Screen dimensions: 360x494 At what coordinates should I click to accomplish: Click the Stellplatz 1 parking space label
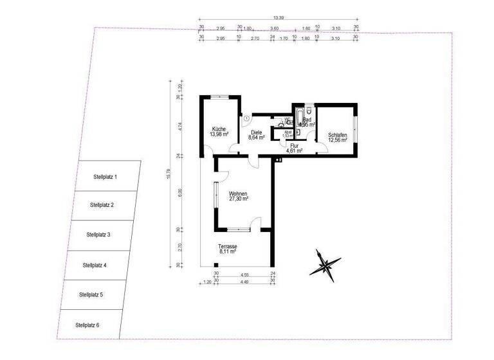(105, 175)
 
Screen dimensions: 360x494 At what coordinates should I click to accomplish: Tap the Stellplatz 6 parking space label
(87, 325)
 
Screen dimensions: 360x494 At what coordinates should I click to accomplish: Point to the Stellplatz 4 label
(95, 265)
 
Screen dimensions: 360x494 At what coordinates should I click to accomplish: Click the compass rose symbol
(325, 264)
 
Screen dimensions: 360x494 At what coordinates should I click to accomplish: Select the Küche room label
(218, 129)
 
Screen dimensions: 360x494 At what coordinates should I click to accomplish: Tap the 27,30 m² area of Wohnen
(238, 199)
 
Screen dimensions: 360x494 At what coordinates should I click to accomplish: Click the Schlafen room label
(338, 135)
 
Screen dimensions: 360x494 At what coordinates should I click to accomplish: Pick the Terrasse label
(227, 248)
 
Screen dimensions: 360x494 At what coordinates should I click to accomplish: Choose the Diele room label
(257, 132)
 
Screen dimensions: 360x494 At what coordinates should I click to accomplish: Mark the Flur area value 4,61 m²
(294, 151)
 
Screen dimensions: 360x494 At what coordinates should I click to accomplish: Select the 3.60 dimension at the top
(275, 28)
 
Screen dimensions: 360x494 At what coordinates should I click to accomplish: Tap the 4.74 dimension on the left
(179, 126)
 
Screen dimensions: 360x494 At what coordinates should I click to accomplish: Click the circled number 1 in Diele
(246, 118)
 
